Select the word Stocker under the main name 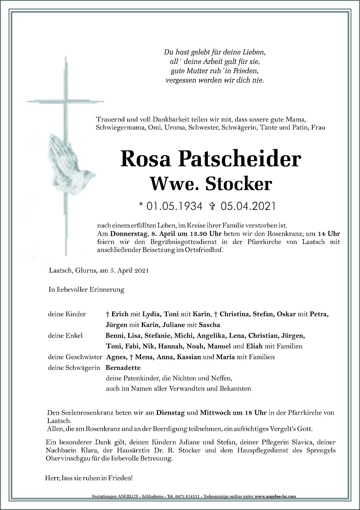pos(241,184)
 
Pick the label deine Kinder pos(67,314)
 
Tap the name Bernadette pos(123,368)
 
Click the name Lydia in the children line pos(153,314)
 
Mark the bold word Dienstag pos(170,413)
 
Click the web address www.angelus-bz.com pos(276,496)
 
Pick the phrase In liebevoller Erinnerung pos(87,290)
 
